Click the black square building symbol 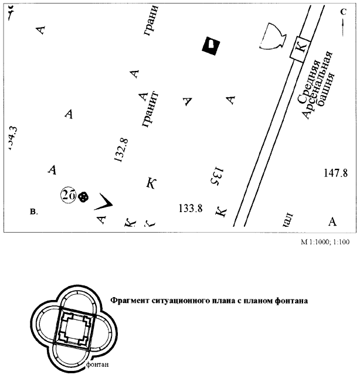(210, 45)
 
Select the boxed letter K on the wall (300, 50)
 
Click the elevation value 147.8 (336, 173)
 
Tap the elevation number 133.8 (190, 208)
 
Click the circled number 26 (67, 196)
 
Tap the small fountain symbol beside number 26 (83, 197)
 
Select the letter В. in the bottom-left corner (33, 212)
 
